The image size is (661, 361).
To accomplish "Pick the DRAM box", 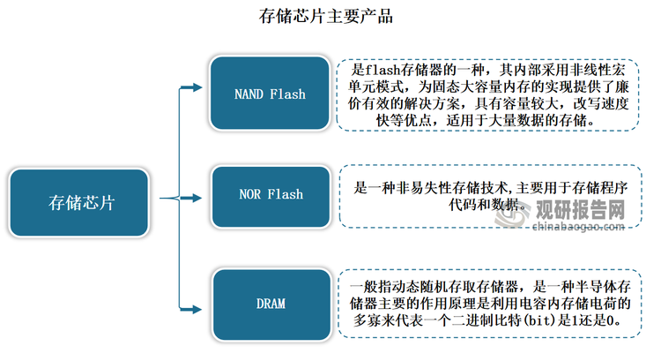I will tap(271, 304).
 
